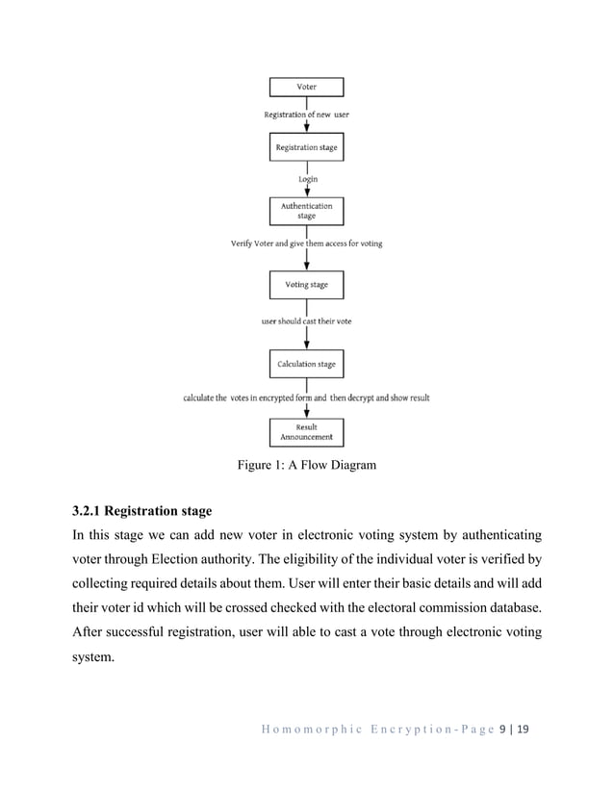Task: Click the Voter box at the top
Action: coord(306,88)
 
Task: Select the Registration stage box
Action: coord(306,148)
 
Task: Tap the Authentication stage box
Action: coord(306,211)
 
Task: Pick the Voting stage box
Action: coord(306,285)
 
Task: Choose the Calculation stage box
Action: coord(306,365)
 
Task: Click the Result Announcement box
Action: coord(306,431)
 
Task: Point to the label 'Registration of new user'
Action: coord(307,115)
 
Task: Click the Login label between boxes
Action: coord(306,179)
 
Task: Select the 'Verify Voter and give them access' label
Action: coord(306,244)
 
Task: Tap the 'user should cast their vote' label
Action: coord(306,321)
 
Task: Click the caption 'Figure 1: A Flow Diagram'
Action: coord(307,467)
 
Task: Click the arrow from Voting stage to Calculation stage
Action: coord(306,337)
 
